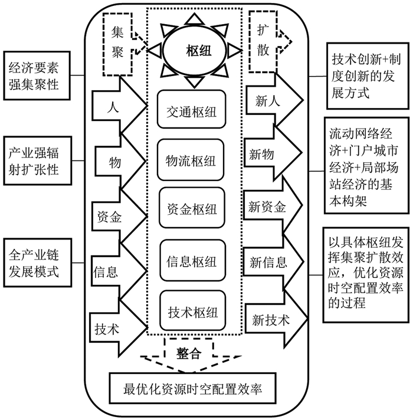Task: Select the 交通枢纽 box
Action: coord(191,111)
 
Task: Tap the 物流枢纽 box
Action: coord(191,161)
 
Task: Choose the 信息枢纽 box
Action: coord(191,261)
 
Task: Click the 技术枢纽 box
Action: coord(191,310)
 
